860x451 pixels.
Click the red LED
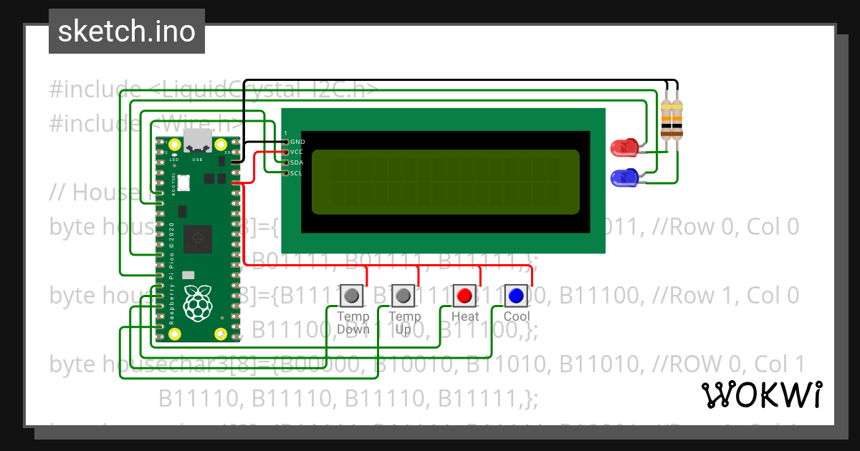click(622, 148)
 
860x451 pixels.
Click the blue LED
click(622, 178)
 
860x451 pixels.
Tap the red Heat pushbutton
click(464, 295)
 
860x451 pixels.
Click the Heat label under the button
click(465, 316)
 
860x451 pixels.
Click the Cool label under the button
click(517, 316)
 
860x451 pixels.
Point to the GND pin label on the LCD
click(297, 142)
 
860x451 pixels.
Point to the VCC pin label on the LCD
click(297, 152)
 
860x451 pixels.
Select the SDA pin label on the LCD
click(297, 163)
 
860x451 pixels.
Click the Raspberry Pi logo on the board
click(197, 303)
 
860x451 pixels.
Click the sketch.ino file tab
click(126, 31)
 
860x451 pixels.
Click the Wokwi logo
click(761, 394)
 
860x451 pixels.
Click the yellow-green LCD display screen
click(445, 182)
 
